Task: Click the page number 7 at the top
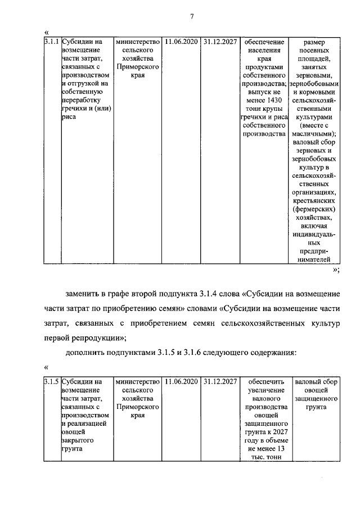click(x=191, y=16)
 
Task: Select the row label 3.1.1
click(x=51, y=42)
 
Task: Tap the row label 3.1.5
click(x=51, y=382)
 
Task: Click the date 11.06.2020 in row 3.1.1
click(x=181, y=42)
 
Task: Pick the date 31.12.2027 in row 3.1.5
click(x=220, y=382)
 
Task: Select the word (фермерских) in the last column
click(x=319, y=209)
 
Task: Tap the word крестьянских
click(x=319, y=200)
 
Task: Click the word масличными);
click(x=318, y=134)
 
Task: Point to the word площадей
click(x=318, y=58)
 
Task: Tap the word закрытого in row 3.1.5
click(x=77, y=440)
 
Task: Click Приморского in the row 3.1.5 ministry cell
click(x=138, y=406)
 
